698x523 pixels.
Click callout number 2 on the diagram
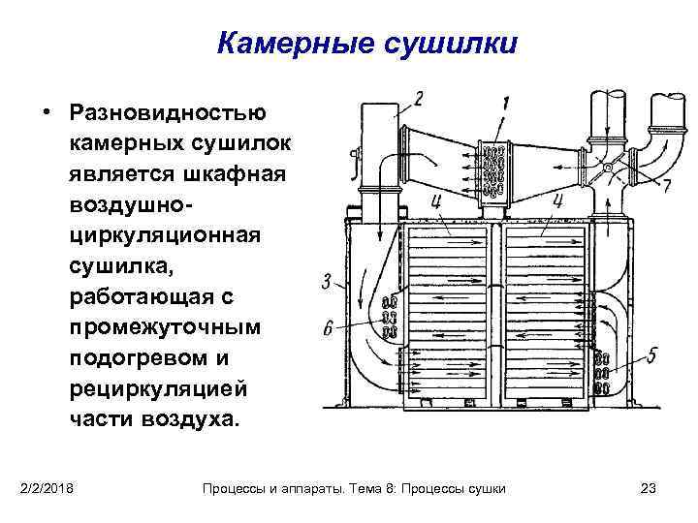(x=418, y=99)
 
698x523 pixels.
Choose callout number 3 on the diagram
(x=328, y=282)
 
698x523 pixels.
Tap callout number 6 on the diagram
(x=328, y=330)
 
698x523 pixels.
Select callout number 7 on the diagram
(x=665, y=186)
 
